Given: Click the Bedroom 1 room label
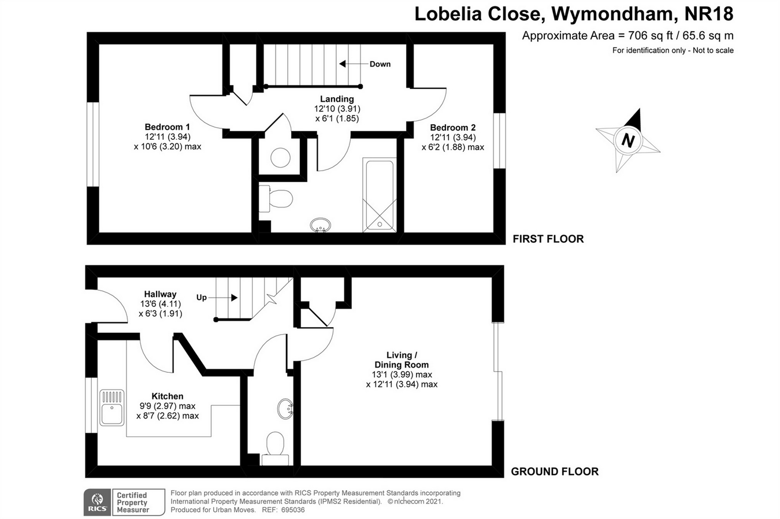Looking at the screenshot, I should click(167, 127).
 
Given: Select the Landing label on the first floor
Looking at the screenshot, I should click(337, 99).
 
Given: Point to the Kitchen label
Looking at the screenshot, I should click(168, 396).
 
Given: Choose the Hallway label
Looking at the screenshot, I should click(160, 294).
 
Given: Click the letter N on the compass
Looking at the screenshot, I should click(628, 140).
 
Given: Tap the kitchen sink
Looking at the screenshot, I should click(112, 407).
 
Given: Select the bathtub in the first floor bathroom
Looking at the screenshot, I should click(380, 195).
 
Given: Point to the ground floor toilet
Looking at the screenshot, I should click(275, 447).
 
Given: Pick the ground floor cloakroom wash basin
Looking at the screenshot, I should click(285, 409).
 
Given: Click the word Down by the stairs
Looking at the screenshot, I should click(380, 64).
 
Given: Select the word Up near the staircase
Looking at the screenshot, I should click(201, 298).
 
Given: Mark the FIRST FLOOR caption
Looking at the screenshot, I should click(548, 239).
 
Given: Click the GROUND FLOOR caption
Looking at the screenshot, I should click(554, 472).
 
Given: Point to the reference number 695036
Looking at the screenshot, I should click(291, 510).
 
